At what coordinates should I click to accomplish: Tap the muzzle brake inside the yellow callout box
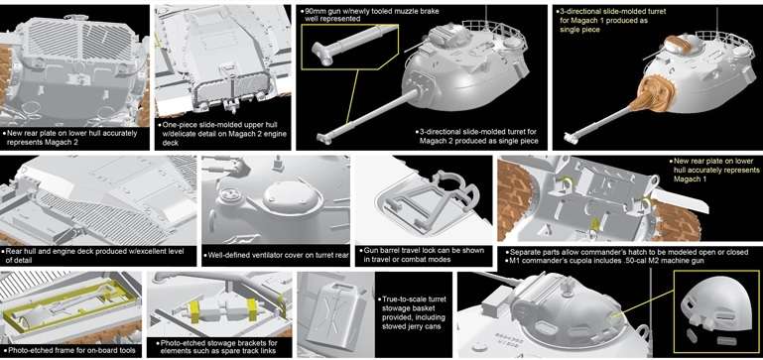tap(321, 53)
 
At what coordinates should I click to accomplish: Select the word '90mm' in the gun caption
tap(314, 11)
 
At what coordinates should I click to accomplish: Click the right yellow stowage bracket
tap(253, 310)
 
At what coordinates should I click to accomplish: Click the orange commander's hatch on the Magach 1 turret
tap(679, 43)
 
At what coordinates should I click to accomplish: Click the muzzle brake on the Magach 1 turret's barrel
tap(572, 138)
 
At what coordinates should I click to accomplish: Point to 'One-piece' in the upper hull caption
tap(178, 125)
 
